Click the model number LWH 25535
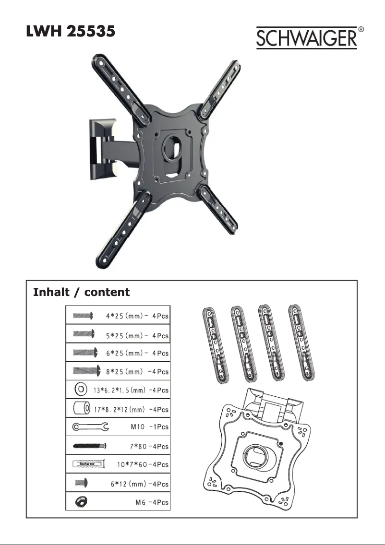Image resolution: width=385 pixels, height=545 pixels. pyautogui.click(x=70, y=32)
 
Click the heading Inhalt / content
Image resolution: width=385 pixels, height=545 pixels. pyautogui.click(x=81, y=292)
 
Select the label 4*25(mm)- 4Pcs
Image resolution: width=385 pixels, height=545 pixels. pyautogui.click(x=137, y=316)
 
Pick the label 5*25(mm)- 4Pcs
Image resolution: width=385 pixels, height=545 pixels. pyautogui.click(x=137, y=335)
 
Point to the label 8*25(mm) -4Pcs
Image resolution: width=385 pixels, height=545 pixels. pyautogui.click(x=137, y=371)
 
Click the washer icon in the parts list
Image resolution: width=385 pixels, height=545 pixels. pyautogui.click(x=80, y=389)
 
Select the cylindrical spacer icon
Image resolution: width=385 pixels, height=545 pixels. pyautogui.click(x=81, y=408)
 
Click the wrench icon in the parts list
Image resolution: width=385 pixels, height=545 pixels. pyautogui.click(x=90, y=426)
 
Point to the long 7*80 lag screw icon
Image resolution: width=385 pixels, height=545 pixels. pyautogui.click(x=89, y=445)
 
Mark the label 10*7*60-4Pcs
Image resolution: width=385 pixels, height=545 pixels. pyautogui.click(x=143, y=465)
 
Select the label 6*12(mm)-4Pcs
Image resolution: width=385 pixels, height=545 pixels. pyautogui.click(x=137, y=484)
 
